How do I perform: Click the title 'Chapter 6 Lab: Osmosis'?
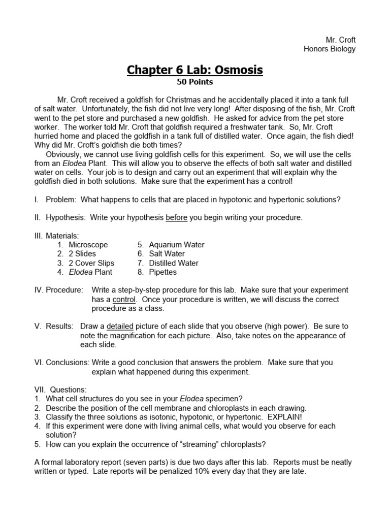[195, 70]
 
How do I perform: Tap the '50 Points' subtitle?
[194, 82]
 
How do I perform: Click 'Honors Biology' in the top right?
[330, 49]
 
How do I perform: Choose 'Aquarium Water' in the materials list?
[177, 245]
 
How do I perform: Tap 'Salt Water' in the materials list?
[167, 254]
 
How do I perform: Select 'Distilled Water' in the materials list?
[174, 263]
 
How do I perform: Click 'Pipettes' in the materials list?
[163, 272]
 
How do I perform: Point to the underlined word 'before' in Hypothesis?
[176, 218]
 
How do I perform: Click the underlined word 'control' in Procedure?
[124, 300]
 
